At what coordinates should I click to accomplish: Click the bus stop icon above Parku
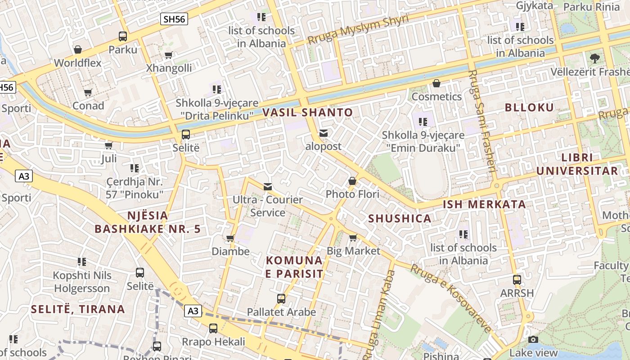click(122, 36)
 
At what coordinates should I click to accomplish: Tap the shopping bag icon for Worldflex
click(78, 49)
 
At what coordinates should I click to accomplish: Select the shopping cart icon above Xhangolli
click(168, 55)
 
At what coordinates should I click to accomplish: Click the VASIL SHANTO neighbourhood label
click(308, 112)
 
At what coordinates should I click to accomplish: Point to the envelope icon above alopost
click(323, 133)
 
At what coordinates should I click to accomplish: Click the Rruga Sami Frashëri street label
click(483, 121)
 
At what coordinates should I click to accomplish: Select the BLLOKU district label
click(529, 108)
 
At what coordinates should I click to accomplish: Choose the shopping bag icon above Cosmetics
click(436, 83)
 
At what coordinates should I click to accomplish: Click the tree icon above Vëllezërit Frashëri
click(595, 58)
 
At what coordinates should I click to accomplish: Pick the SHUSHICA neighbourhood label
click(400, 219)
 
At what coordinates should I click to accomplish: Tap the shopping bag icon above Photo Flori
click(352, 181)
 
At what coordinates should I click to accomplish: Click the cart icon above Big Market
click(353, 238)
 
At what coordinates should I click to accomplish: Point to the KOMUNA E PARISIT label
click(294, 267)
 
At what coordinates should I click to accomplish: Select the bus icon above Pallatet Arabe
click(281, 299)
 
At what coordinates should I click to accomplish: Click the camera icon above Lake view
click(533, 340)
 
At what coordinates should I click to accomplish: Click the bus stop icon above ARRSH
click(517, 280)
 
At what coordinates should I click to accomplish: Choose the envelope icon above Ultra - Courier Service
click(268, 186)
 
